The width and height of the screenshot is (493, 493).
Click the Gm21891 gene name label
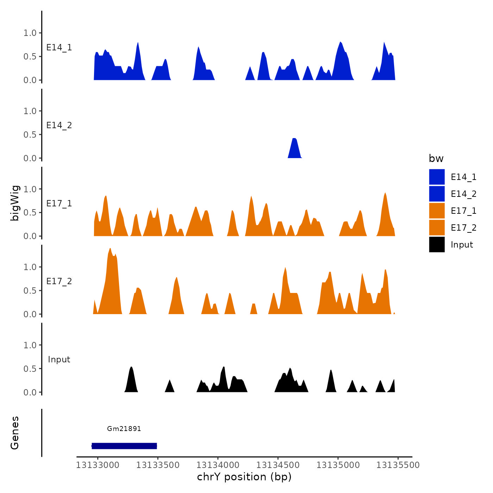click(x=124, y=429)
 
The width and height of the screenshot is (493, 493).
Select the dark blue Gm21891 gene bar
click(x=124, y=446)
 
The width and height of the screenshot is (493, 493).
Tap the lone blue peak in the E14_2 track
click(x=295, y=150)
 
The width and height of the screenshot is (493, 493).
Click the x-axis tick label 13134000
click(x=218, y=465)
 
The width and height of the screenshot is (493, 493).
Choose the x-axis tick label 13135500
click(x=398, y=465)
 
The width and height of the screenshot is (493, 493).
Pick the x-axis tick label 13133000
click(x=98, y=465)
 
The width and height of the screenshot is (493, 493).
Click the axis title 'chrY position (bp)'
click(x=244, y=477)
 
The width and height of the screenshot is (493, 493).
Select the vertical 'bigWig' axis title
click(x=15, y=203)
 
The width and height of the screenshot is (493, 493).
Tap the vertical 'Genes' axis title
click(x=15, y=433)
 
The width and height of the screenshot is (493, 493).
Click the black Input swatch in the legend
click(x=437, y=244)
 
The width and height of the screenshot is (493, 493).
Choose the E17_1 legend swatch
click(x=437, y=211)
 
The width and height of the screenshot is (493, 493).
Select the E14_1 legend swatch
click(x=437, y=177)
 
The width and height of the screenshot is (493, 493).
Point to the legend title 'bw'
click(x=436, y=158)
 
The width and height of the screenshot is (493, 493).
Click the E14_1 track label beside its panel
click(x=59, y=48)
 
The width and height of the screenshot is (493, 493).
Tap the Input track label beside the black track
click(x=59, y=360)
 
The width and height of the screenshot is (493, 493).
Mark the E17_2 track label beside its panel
click(x=59, y=281)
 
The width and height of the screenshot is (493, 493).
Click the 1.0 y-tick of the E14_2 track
click(x=30, y=111)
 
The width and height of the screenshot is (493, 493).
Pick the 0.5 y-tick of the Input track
click(x=30, y=369)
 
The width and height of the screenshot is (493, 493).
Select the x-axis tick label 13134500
click(x=278, y=465)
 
